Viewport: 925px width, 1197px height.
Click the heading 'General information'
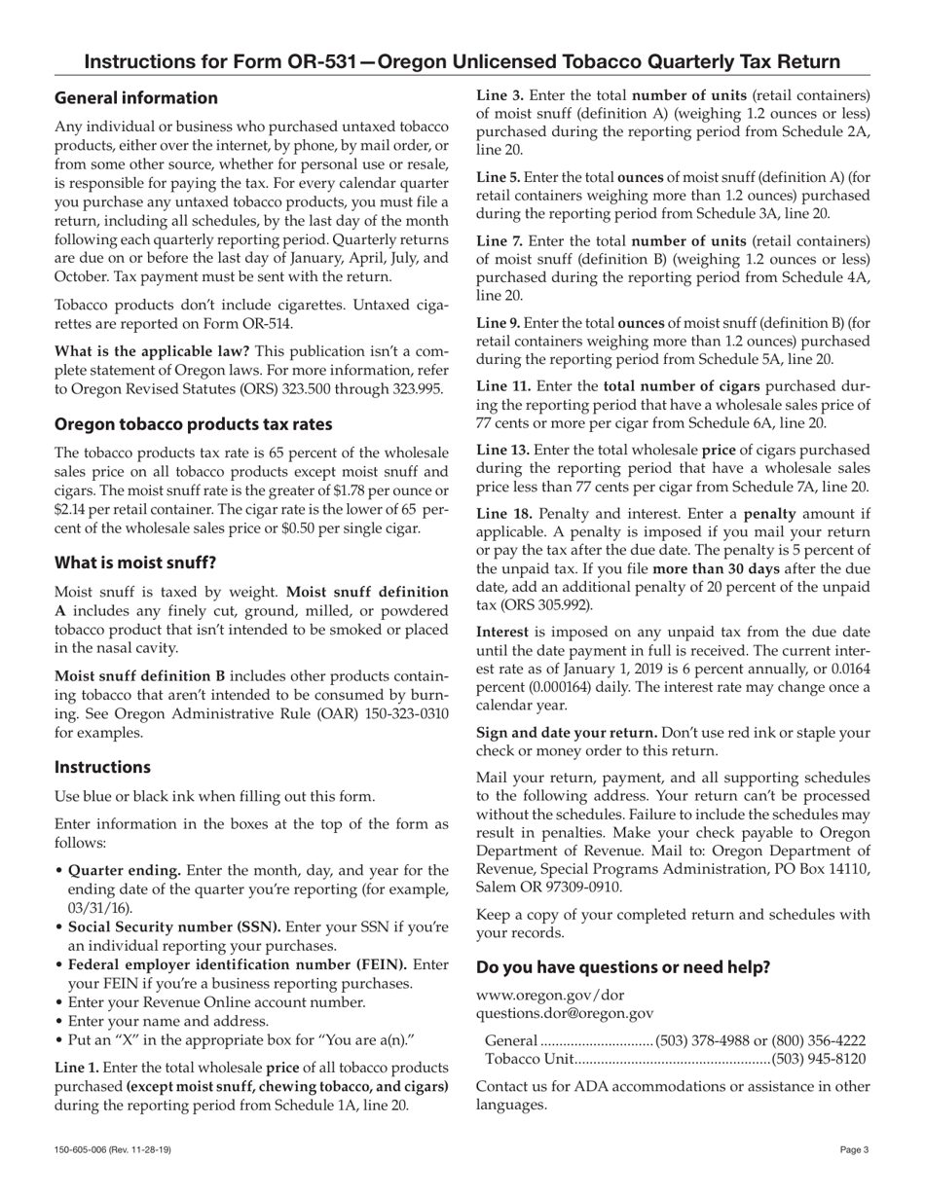(136, 98)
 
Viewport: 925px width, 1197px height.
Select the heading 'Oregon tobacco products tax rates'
(193, 424)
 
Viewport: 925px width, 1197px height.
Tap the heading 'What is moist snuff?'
(135, 562)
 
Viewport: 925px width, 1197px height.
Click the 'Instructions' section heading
(102, 767)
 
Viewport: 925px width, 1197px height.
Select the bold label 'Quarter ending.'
(124, 870)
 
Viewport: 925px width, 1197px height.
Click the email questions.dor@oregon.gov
(565, 1013)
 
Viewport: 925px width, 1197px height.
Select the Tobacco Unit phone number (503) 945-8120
(818, 1059)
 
